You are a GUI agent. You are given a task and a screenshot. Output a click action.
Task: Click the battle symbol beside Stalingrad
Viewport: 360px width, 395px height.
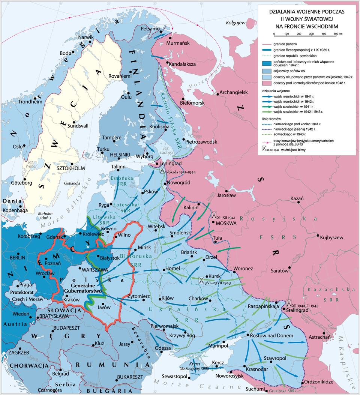pos(289,303)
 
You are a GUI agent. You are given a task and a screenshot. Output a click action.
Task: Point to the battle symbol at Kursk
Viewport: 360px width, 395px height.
pos(202,280)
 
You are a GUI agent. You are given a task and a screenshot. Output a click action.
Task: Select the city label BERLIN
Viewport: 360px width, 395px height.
pos(17,258)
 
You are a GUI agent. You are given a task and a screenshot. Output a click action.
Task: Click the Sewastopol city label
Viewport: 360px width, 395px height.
pos(174,376)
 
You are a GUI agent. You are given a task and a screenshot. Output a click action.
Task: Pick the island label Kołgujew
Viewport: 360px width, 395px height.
pos(235,23)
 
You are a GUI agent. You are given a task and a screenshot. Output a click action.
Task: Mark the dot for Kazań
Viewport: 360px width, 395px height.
pos(298,202)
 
